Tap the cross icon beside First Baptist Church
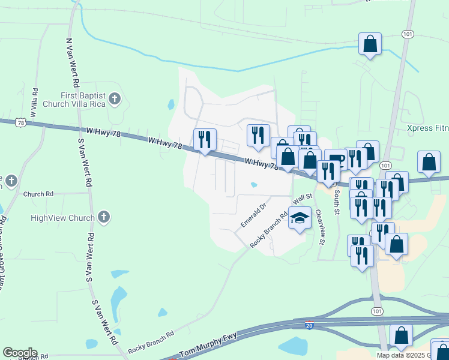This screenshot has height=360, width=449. point(115,99)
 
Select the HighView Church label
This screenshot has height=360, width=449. point(62,218)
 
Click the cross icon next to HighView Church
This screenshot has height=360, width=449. point(103,217)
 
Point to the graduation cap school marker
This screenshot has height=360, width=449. point(299,218)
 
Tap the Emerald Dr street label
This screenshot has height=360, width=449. point(253,215)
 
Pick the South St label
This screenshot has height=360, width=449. point(337,203)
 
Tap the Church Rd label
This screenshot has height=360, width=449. point(38,194)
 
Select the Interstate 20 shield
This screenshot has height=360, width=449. point(308,324)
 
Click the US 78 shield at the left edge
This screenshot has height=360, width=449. point(22,122)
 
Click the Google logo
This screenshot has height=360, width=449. point(20,353)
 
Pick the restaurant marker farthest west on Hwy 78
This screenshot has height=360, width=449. point(205,140)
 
